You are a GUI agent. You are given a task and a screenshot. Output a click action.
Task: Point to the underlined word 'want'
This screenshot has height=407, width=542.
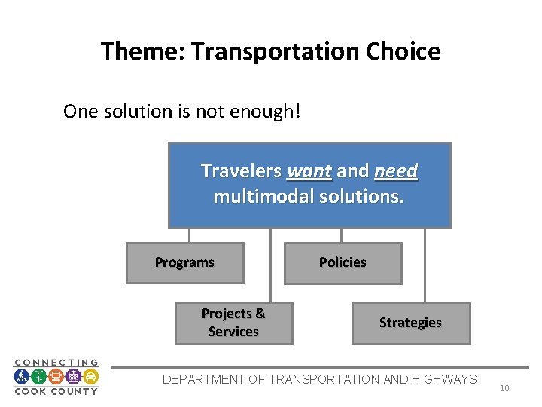click(309, 171)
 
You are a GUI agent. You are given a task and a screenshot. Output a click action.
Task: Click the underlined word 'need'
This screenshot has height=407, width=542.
click(395, 171)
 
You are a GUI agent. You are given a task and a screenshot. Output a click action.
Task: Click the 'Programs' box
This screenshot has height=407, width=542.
click(184, 262)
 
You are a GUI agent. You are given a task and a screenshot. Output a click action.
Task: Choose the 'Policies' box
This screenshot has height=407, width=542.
click(343, 262)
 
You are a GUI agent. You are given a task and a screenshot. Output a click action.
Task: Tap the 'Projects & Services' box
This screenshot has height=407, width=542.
click(233, 323)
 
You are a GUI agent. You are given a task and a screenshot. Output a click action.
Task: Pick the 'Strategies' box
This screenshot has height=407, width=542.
click(410, 323)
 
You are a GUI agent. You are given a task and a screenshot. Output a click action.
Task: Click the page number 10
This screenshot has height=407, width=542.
click(504, 388)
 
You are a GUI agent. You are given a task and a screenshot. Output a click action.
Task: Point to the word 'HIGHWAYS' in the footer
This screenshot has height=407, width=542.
click(443, 379)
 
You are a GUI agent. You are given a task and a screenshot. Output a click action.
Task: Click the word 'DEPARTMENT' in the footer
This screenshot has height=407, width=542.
click(203, 379)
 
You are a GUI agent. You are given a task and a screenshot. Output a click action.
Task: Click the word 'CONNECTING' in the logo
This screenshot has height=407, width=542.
click(56, 363)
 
